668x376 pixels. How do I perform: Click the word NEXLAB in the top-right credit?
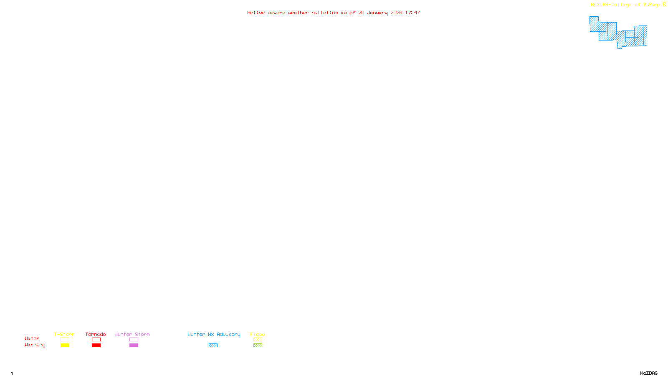point(600,5)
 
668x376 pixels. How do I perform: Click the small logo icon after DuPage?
point(664,5)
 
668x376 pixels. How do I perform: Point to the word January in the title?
point(377,13)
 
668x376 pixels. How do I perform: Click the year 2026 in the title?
point(396,13)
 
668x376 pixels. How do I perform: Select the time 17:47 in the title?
point(412,13)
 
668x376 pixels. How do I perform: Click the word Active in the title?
point(256,13)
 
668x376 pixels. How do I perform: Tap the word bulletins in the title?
point(324,13)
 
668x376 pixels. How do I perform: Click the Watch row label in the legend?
point(32,339)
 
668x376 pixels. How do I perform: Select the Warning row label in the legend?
point(35,345)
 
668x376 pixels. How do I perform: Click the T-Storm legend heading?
point(64,334)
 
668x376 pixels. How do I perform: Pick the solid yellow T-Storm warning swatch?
point(65,346)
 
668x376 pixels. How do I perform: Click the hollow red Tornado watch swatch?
point(96,340)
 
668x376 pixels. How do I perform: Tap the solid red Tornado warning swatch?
point(96,346)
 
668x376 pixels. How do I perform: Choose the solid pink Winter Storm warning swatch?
point(134,346)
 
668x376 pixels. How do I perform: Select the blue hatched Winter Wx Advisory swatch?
point(213,346)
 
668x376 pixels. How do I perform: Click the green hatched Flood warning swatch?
point(258,346)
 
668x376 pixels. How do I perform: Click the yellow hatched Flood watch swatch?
point(258,340)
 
